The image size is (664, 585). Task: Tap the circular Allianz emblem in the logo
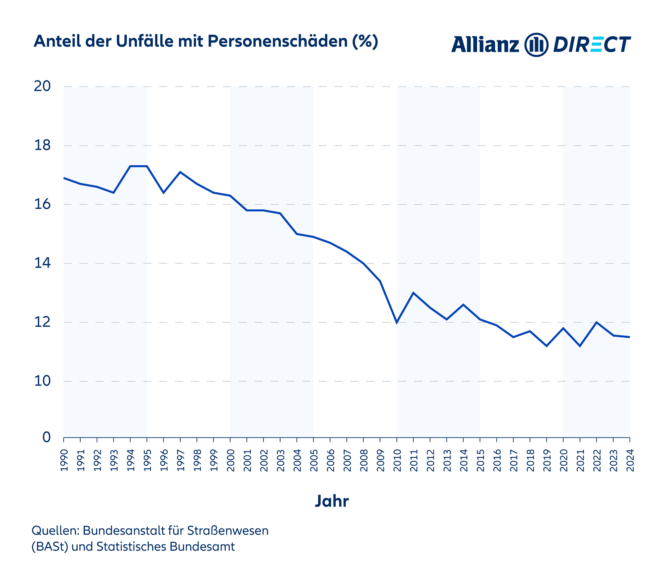pyautogui.click(x=536, y=45)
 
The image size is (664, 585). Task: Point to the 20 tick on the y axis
pyautogui.click(x=42, y=86)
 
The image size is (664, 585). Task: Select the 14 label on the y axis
pyautogui.click(x=42, y=263)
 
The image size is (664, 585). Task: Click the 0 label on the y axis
pyautogui.click(x=46, y=437)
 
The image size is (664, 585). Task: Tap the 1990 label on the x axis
pyautogui.click(x=64, y=460)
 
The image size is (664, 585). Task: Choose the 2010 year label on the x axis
pyautogui.click(x=397, y=460)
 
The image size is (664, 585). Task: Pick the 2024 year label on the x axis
pyautogui.click(x=630, y=460)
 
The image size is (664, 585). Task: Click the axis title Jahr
pyautogui.click(x=332, y=501)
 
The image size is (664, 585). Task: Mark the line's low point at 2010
pyautogui.click(x=397, y=322)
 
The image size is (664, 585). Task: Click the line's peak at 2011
pyautogui.click(x=413, y=293)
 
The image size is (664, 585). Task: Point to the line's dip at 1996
pyautogui.click(x=163, y=193)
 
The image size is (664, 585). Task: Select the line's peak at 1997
pyautogui.click(x=180, y=172)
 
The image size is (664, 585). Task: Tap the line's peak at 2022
pyautogui.click(x=597, y=322)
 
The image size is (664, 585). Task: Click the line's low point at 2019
pyautogui.click(x=546, y=346)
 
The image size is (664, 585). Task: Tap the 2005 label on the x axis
pyautogui.click(x=314, y=460)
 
